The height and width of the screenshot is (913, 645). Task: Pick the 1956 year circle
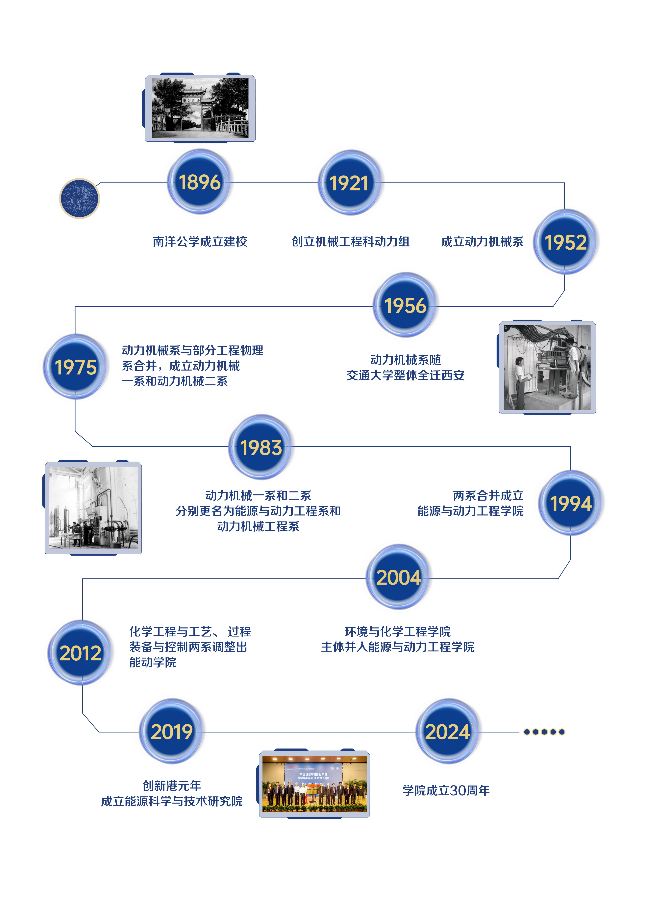(x=405, y=305)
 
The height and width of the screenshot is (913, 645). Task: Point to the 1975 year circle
(x=76, y=367)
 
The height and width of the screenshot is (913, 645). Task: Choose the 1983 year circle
(x=261, y=447)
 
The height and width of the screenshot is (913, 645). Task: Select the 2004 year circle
(x=398, y=577)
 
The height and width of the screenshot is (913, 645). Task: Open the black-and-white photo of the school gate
(x=200, y=108)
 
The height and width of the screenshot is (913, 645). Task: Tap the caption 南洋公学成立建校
(x=200, y=241)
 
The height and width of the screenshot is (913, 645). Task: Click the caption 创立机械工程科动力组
(x=351, y=241)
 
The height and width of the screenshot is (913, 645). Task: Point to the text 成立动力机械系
(x=482, y=241)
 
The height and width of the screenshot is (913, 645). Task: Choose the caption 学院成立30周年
(x=446, y=790)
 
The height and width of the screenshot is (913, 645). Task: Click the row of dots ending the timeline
(x=544, y=732)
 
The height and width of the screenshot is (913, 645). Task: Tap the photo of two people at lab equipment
(x=547, y=367)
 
